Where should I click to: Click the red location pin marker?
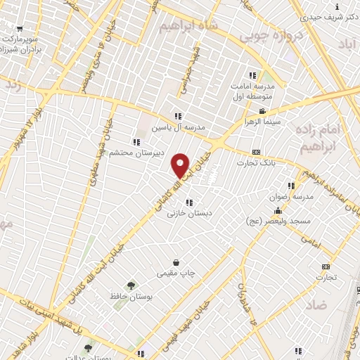[181, 165]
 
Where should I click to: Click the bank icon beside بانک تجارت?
[256, 151]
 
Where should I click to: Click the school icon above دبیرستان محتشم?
[136, 141]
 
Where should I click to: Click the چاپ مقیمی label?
[176, 272]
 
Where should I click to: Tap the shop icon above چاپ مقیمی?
[184, 262]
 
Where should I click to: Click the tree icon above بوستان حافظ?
[131, 285]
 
